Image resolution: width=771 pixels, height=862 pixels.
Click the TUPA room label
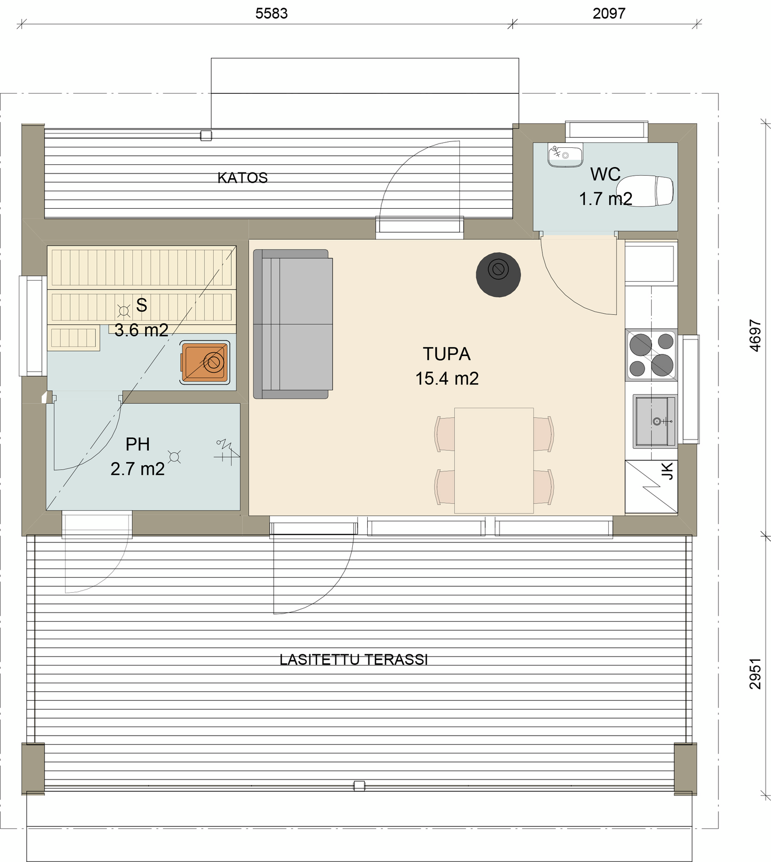tap(447, 354)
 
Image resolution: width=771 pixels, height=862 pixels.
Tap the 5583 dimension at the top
tap(271, 13)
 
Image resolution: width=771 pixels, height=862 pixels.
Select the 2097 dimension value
tap(609, 13)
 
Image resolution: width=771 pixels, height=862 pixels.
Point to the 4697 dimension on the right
tap(755, 335)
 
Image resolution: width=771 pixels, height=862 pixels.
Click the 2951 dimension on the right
tap(755, 673)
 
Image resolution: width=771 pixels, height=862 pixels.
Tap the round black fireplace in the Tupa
tap(498, 274)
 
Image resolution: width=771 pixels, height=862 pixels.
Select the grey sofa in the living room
tap(293, 324)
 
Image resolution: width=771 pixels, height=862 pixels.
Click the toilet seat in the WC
tap(644, 191)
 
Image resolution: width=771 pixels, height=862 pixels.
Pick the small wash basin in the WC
tap(565, 155)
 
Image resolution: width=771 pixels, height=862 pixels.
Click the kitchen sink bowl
tap(652, 421)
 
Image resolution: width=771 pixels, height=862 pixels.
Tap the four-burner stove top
tap(651, 354)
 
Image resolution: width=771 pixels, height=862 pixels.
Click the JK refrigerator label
tap(667, 471)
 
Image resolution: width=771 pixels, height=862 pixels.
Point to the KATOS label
tap(243, 178)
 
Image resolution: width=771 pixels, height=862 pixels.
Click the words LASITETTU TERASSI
tap(353, 659)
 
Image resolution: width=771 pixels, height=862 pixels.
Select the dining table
tap(494, 460)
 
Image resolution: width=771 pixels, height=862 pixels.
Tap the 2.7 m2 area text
tap(138, 469)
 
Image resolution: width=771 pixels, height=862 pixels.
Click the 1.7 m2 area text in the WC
tap(605, 199)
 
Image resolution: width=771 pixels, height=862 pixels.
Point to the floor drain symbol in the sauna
tap(124, 310)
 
